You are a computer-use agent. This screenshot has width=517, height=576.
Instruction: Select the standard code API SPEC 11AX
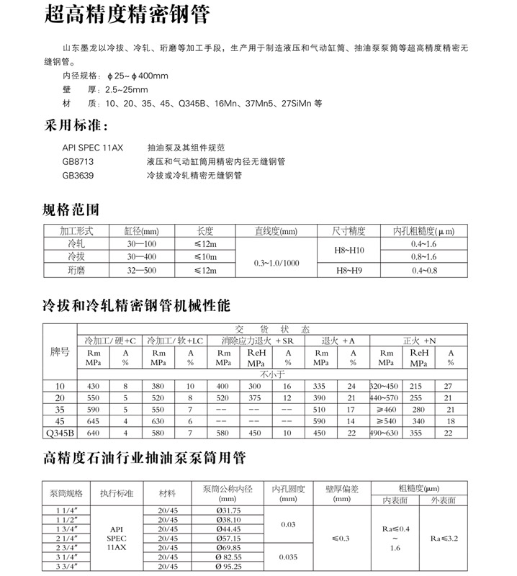coord(93,147)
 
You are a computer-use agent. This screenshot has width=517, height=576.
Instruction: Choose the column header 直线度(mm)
coord(276,232)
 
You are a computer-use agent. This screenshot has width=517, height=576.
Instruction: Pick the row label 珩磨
coord(76,269)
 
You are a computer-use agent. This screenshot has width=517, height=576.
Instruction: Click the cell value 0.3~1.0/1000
coord(276,263)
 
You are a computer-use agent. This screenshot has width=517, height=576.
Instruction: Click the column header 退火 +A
coord(336,340)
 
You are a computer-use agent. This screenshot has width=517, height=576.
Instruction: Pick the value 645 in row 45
coord(94,420)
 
